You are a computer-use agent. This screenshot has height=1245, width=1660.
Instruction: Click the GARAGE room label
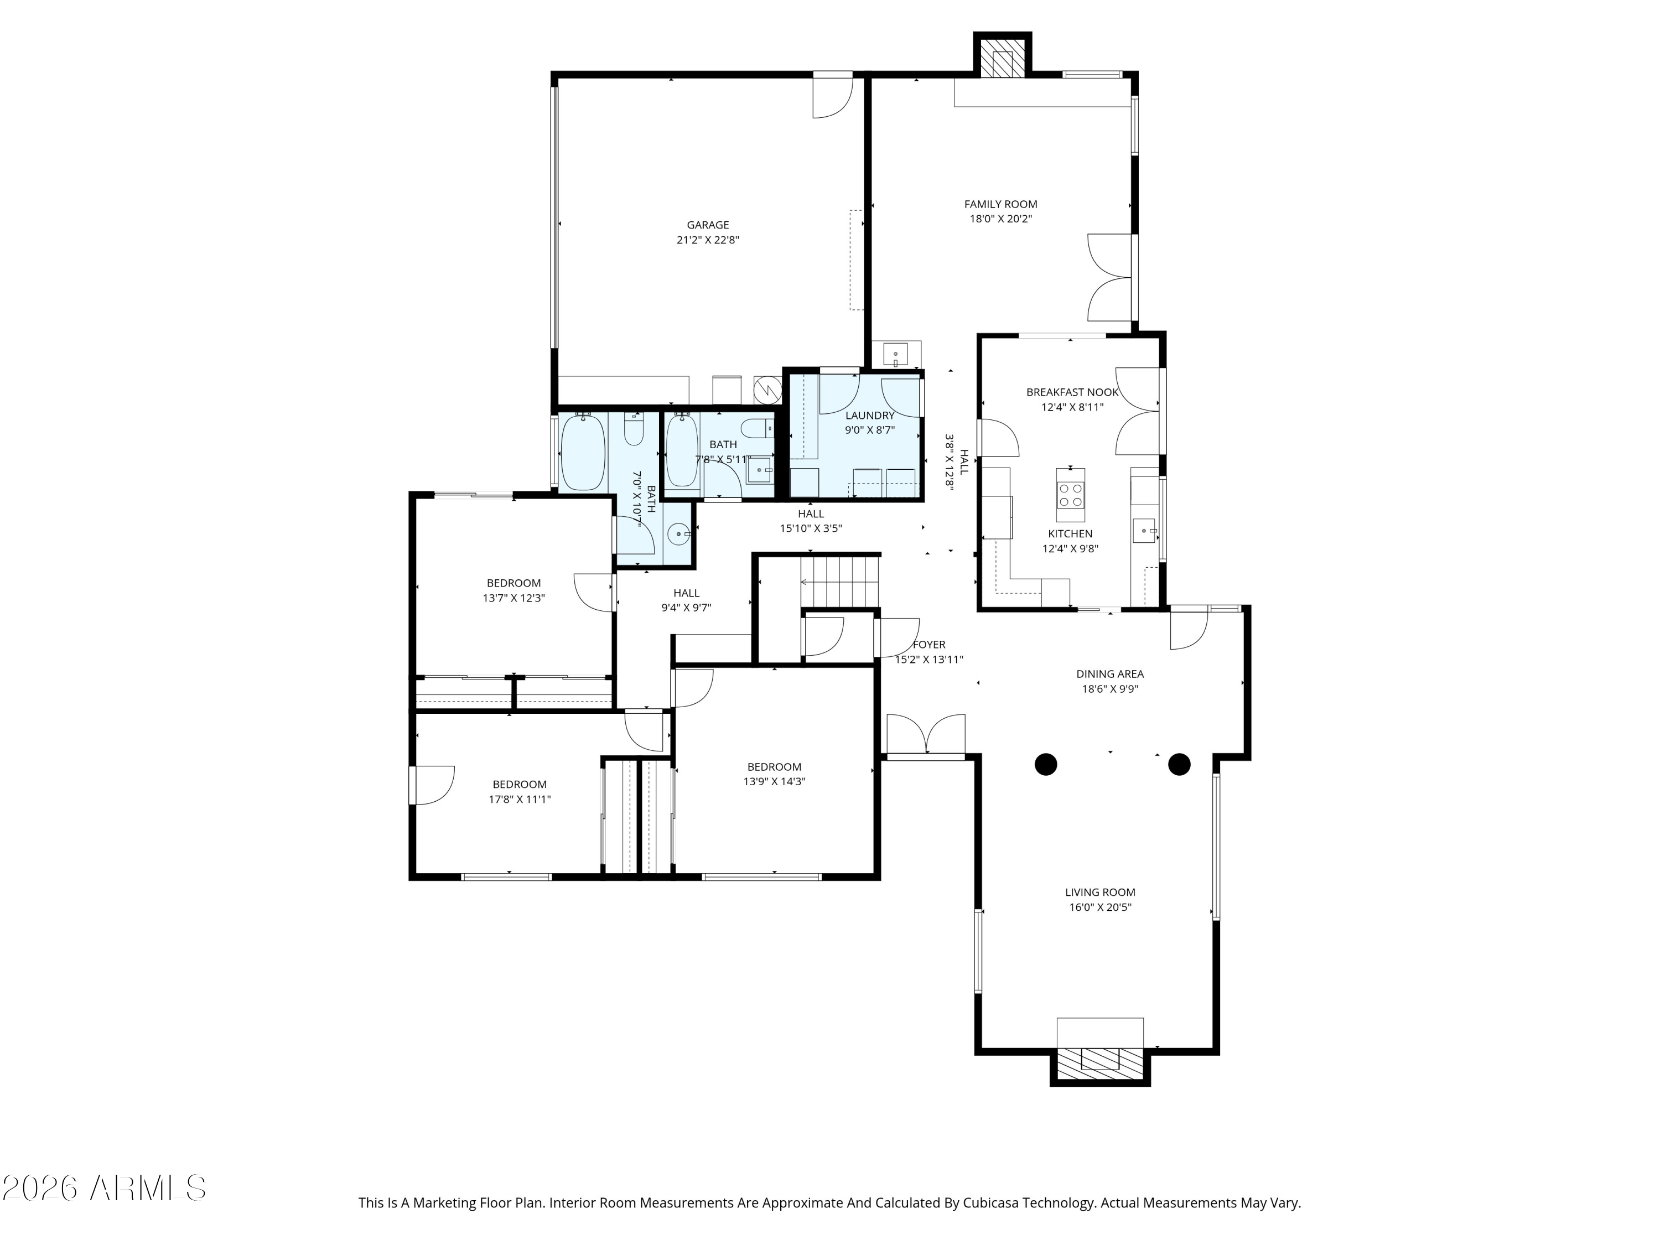click(707, 225)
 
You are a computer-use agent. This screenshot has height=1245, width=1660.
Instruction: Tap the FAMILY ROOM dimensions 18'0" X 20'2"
click(1000, 219)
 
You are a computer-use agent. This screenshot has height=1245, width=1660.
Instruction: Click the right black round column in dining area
click(1179, 764)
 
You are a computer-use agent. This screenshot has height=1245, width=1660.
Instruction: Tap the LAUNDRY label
click(870, 416)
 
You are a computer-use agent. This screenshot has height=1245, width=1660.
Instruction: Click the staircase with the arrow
click(840, 581)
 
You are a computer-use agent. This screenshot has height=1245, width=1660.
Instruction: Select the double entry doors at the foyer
click(926, 735)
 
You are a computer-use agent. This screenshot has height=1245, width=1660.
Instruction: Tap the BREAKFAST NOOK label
click(1072, 392)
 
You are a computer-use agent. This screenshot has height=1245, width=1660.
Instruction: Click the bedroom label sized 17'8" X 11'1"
click(520, 792)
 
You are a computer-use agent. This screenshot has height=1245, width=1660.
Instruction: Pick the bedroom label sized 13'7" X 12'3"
click(513, 590)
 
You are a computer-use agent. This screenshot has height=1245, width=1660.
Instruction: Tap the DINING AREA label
click(1109, 674)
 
